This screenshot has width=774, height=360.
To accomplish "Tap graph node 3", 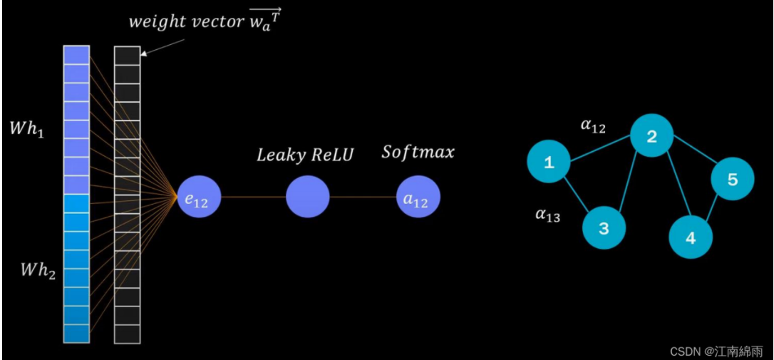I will pos(604,228).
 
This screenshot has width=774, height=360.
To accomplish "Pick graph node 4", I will pos(690,237).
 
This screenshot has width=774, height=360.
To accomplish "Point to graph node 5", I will pos(732,178).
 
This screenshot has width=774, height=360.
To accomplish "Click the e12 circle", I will pos(199,197).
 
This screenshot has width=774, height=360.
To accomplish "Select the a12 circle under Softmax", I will pos(418,197).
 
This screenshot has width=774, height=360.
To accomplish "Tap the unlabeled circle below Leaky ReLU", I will pos(307,197).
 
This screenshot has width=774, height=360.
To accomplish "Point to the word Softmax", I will pos(418,152).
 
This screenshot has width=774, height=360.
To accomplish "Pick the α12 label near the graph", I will pos(593,127).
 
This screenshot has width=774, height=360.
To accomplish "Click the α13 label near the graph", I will pos(547,215).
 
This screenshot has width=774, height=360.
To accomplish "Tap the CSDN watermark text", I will pos(716,351).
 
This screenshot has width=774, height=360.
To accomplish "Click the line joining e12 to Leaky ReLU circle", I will pos(253,197).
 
